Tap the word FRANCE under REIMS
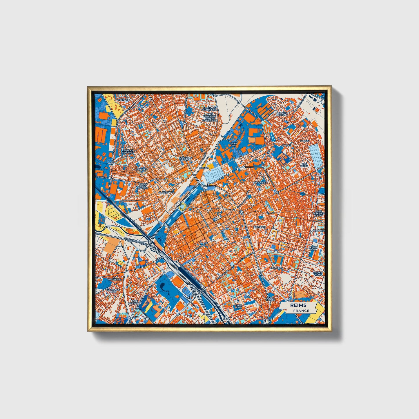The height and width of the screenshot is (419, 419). click(301, 311)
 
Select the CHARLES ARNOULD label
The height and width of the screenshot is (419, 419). click(128, 152)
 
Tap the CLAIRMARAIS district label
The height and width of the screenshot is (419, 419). click(166, 192)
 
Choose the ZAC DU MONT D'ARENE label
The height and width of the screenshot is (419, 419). click(143, 186)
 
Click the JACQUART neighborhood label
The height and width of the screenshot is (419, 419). click(260, 182)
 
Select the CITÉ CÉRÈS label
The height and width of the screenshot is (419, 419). click(304, 164)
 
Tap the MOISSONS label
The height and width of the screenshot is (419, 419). click(259, 227)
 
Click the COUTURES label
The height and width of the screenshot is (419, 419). click(276, 268)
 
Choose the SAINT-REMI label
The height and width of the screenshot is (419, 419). click(239, 306)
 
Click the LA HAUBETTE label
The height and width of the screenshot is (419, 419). click(113, 279)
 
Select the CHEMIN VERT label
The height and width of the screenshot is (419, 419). click(318, 274)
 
